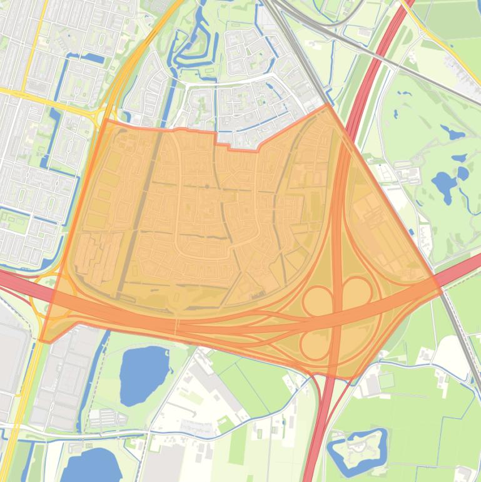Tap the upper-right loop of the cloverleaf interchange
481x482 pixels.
click(x=357, y=292)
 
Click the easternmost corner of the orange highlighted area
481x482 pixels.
click(x=442, y=291)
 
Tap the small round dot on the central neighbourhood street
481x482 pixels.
click(x=207, y=187)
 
